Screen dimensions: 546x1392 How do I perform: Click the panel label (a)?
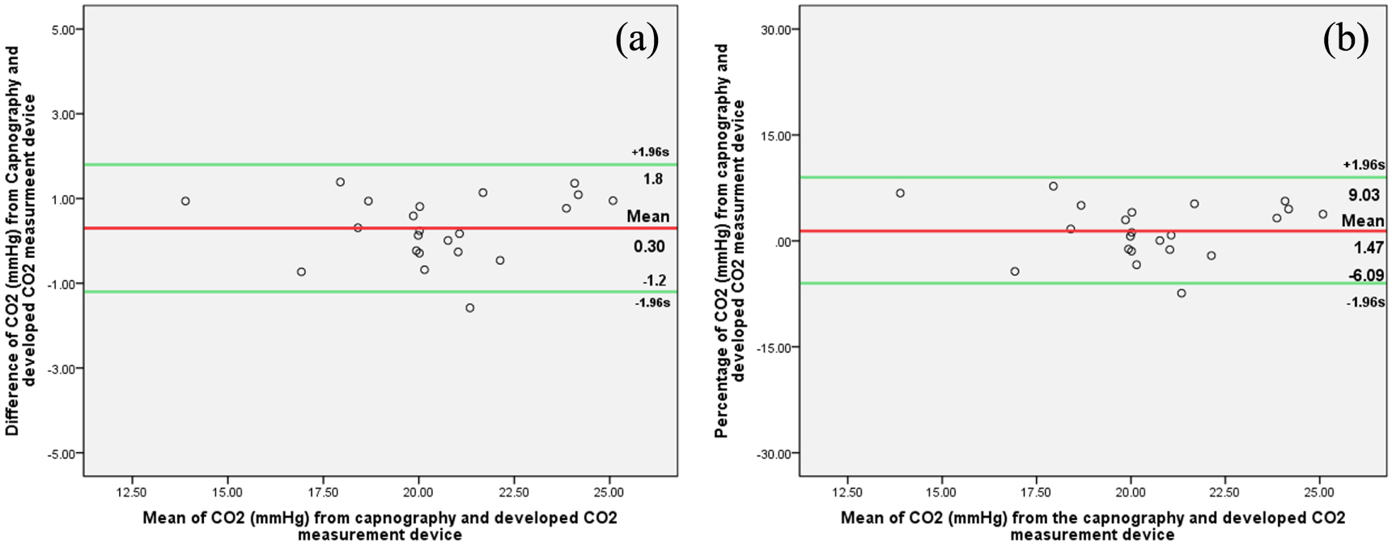[x=637, y=38]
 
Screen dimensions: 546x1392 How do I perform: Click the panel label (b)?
[x=1345, y=38]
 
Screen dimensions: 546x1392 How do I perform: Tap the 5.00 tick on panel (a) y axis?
[x=62, y=30]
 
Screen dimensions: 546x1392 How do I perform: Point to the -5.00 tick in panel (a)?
[x=61, y=454]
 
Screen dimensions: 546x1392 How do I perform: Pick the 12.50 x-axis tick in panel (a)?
[x=131, y=492]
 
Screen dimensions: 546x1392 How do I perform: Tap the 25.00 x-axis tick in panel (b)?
[x=1320, y=492]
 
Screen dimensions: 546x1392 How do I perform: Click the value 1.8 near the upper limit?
[x=653, y=180]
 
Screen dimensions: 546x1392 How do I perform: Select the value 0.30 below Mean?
[x=649, y=247]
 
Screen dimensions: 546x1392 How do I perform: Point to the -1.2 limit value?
[x=654, y=281]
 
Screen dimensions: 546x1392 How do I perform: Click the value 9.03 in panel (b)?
[x=1364, y=196]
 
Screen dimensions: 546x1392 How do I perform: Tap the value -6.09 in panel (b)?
[x=1365, y=276]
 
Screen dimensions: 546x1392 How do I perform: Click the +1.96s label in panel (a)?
[x=650, y=152]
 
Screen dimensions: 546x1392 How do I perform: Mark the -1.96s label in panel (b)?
[x=1365, y=303]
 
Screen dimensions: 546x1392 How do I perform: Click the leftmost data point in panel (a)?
[x=185, y=201]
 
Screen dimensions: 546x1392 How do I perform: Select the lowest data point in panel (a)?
[x=469, y=308]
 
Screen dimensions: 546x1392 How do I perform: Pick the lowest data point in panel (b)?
[x=1182, y=293]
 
